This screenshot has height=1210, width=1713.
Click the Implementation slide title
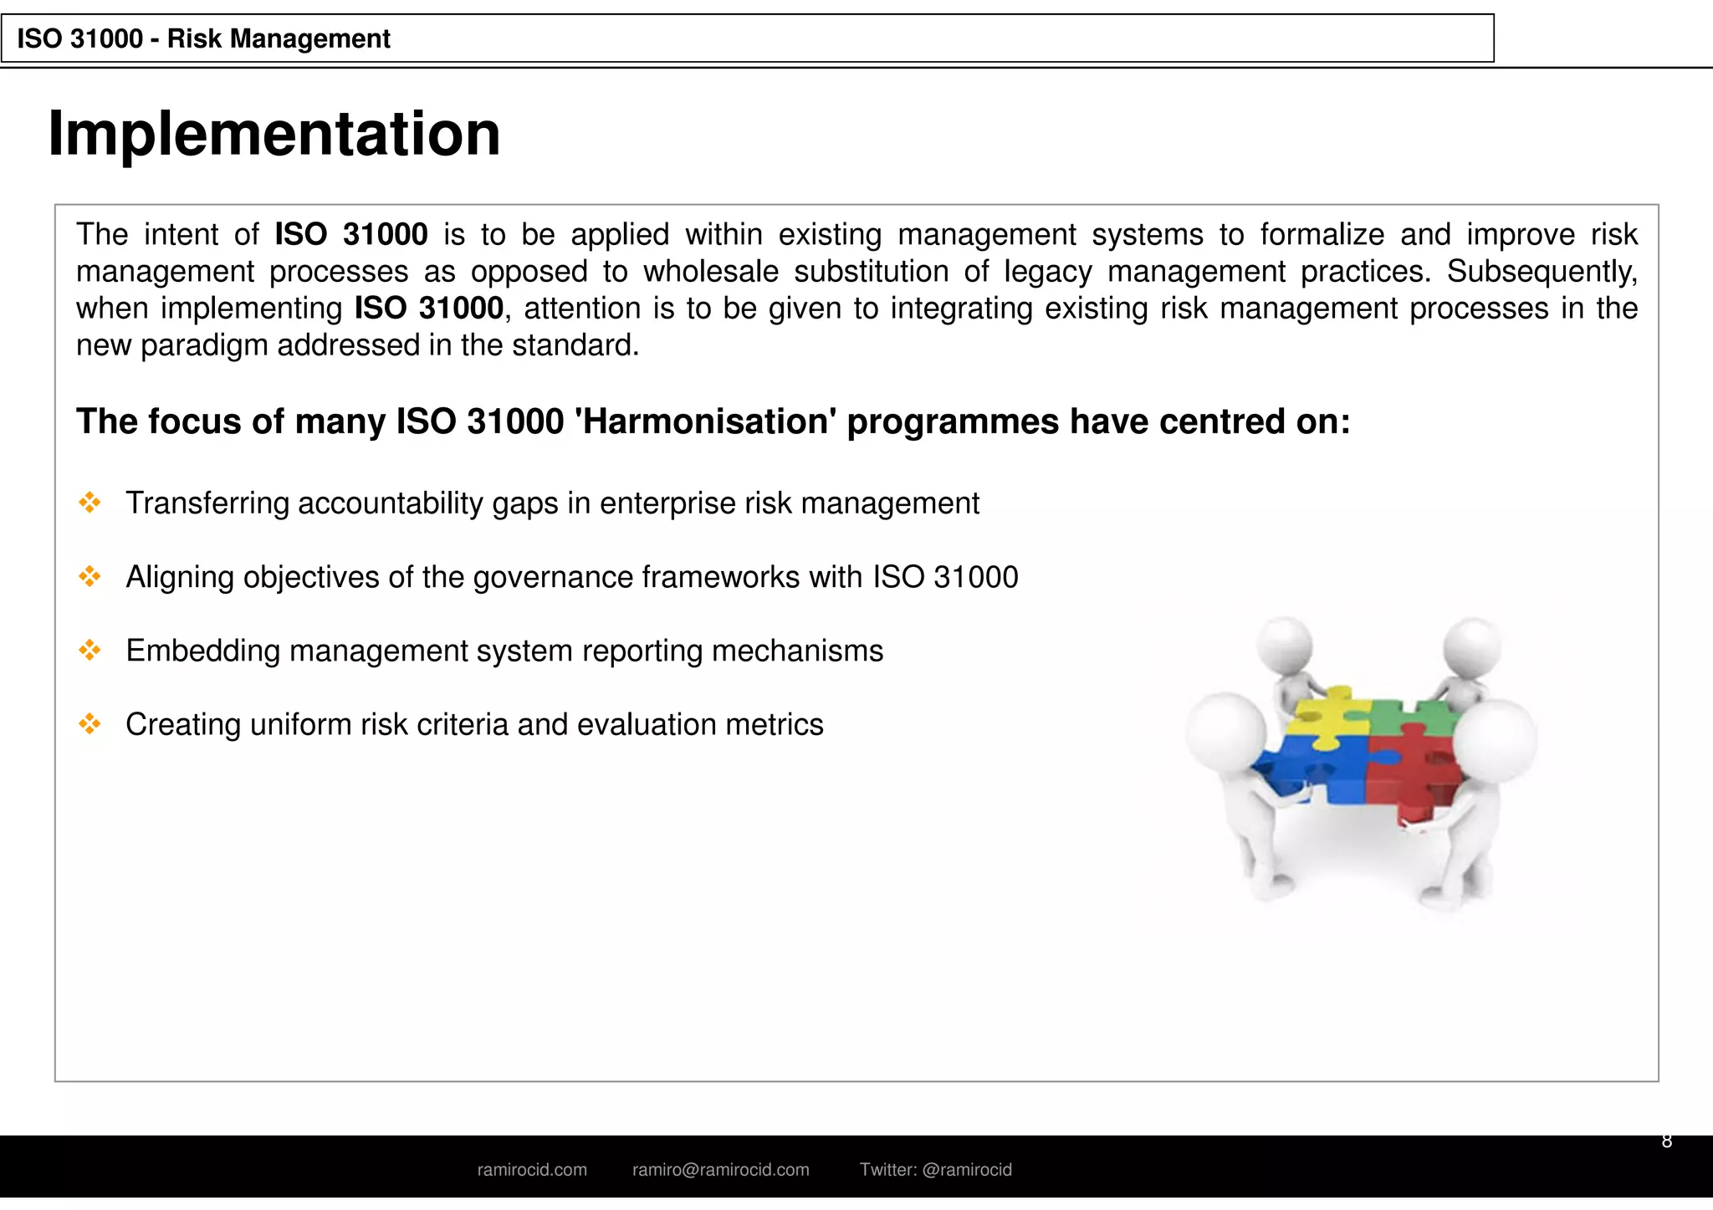pyautogui.click(x=274, y=134)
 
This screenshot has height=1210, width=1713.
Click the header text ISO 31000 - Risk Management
pyautogui.click(x=203, y=38)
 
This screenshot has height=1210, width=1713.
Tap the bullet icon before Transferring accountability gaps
pyautogui.click(x=89, y=503)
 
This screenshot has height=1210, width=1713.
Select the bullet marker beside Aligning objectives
pyautogui.click(x=89, y=576)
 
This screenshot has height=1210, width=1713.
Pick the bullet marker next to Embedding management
pyautogui.click(x=89, y=650)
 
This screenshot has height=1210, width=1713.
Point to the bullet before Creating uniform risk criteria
pyautogui.click(x=89, y=723)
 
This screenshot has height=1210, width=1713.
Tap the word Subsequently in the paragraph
pyautogui.click(x=1542, y=272)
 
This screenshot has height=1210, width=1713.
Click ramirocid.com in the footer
pyautogui.click(x=532, y=1170)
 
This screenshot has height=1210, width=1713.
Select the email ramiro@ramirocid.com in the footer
pyautogui.click(x=720, y=1170)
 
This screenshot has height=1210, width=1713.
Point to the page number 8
pyautogui.click(x=1666, y=1141)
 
